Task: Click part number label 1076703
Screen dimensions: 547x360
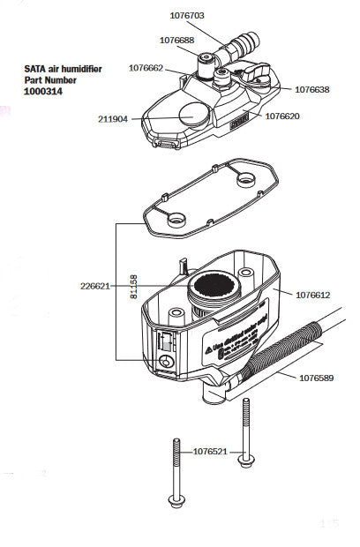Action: pyautogui.click(x=188, y=15)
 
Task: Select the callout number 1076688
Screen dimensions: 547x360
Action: pyautogui.click(x=178, y=40)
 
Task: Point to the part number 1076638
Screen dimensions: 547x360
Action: pyautogui.click(x=313, y=89)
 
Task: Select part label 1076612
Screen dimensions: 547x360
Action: pyautogui.click(x=311, y=294)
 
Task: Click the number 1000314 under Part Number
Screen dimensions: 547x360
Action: pyautogui.click(x=43, y=91)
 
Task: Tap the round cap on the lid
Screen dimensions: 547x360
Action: pyautogui.click(x=194, y=113)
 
